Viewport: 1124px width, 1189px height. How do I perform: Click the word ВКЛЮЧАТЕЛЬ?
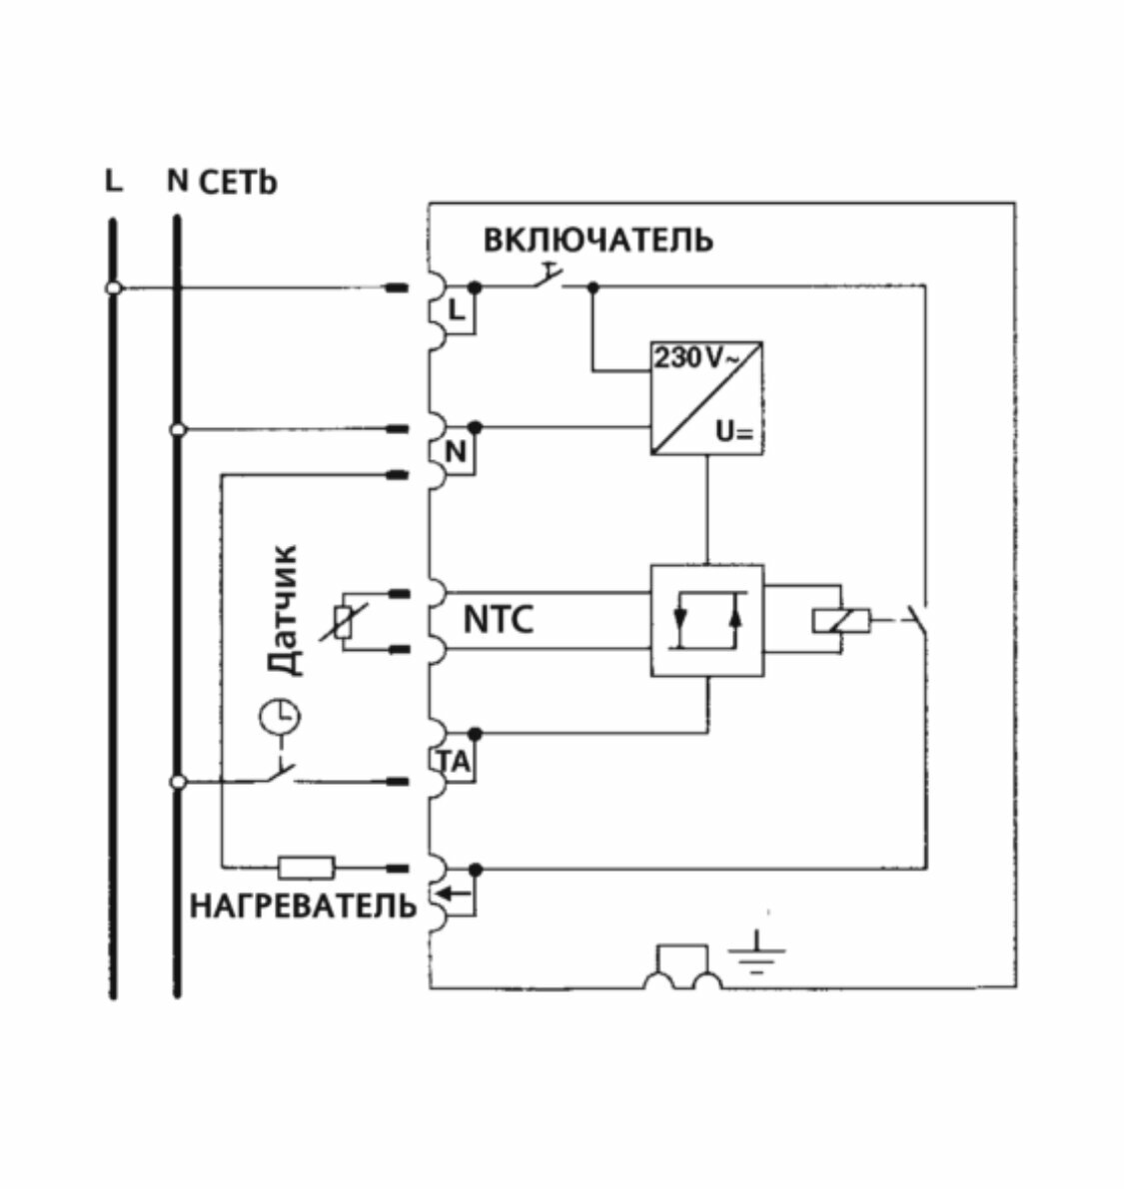click(x=598, y=241)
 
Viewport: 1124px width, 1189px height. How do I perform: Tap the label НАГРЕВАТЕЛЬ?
click(x=303, y=905)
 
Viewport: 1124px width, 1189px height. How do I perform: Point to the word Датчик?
click(x=284, y=611)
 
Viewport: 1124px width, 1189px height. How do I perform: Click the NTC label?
click(x=498, y=620)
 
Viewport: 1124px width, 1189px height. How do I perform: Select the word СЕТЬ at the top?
click(x=238, y=183)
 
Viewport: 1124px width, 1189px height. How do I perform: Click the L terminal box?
click(x=457, y=310)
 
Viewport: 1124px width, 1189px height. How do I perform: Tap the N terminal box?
click(x=457, y=452)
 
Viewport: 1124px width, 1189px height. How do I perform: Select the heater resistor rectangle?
click(x=306, y=867)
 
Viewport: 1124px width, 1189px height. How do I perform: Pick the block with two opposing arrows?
click(x=707, y=621)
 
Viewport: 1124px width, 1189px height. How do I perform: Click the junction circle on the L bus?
click(x=114, y=288)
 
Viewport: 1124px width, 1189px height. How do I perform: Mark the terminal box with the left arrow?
click(x=458, y=894)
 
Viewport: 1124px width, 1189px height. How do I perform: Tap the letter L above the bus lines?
click(x=114, y=182)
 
